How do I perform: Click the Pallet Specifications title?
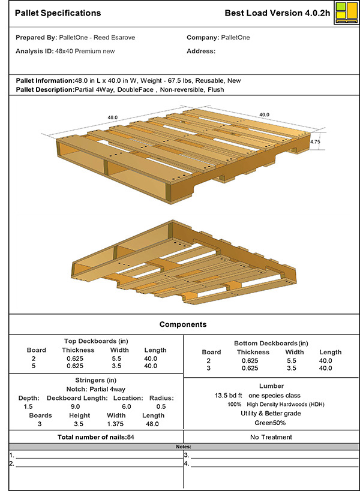click(x=58, y=13)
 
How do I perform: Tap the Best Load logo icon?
click(x=344, y=13)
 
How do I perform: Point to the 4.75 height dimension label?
click(x=315, y=142)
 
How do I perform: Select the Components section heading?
click(x=183, y=324)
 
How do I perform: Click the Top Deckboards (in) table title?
click(x=94, y=341)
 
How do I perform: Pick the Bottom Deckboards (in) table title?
click(x=271, y=343)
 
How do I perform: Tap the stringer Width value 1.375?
click(x=116, y=423)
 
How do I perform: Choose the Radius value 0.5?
click(x=161, y=406)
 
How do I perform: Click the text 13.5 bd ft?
click(x=228, y=396)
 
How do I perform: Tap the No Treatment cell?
click(x=271, y=437)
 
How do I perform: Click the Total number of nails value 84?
click(x=130, y=437)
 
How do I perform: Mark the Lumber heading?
click(x=271, y=386)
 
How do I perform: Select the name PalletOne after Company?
click(x=235, y=37)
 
